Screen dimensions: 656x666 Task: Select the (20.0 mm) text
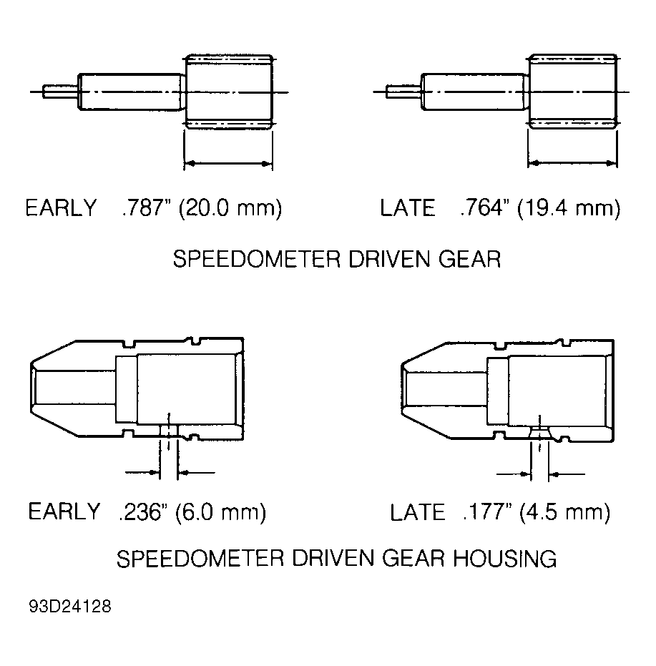230,209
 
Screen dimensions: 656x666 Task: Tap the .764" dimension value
484,207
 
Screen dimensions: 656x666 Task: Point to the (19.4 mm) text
569,209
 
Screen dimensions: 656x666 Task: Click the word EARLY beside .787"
62,207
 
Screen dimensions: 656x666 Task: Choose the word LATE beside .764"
408,207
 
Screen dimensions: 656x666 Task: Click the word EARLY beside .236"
64,511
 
